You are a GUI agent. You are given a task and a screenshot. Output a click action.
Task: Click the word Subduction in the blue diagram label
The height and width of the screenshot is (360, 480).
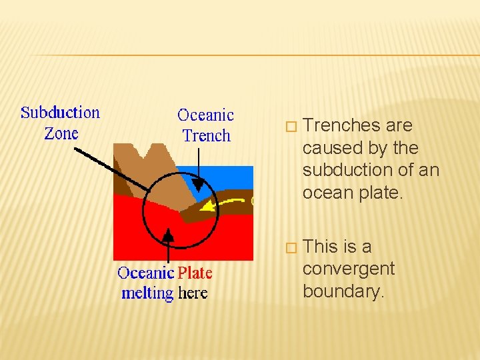[60, 113]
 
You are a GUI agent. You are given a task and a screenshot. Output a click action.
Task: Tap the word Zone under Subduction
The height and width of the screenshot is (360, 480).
[61, 133]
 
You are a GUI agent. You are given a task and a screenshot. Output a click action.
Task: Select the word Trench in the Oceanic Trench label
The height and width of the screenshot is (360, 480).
[206, 136]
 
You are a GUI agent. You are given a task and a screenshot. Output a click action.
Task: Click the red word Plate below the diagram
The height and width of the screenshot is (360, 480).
[195, 273]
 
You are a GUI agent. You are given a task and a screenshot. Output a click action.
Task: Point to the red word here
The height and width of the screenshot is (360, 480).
[193, 293]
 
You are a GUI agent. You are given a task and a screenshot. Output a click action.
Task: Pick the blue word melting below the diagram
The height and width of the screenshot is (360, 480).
[147, 293]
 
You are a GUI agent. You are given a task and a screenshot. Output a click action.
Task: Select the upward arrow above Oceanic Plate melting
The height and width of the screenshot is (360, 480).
[169, 235]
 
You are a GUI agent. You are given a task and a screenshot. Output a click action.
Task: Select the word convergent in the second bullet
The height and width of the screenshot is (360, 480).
[348, 269]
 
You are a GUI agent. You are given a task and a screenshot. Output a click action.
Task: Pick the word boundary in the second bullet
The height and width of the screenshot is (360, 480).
[343, 291]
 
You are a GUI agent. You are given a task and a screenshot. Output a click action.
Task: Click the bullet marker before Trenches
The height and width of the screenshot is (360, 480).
[289, 127]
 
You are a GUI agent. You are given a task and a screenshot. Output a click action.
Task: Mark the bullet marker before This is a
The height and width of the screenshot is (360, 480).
[289, 248]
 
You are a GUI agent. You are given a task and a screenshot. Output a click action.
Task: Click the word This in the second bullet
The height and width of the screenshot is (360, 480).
[319, 247]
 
